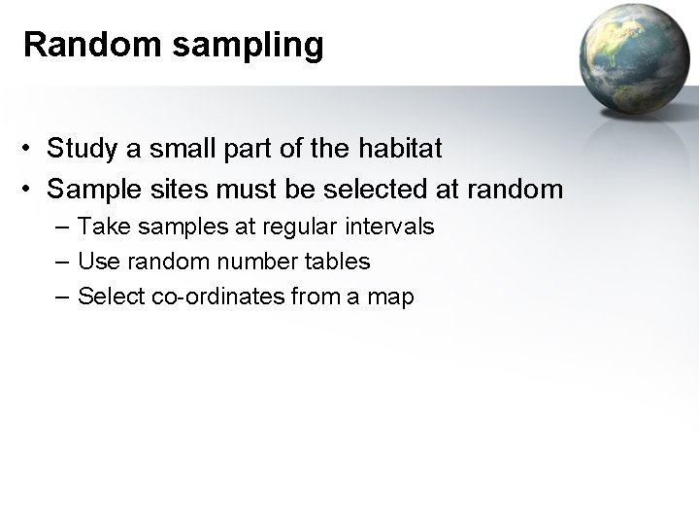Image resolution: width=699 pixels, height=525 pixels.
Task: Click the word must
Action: (x=238, y=188)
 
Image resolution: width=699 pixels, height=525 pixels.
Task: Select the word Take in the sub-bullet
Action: (x=99, y=227)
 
